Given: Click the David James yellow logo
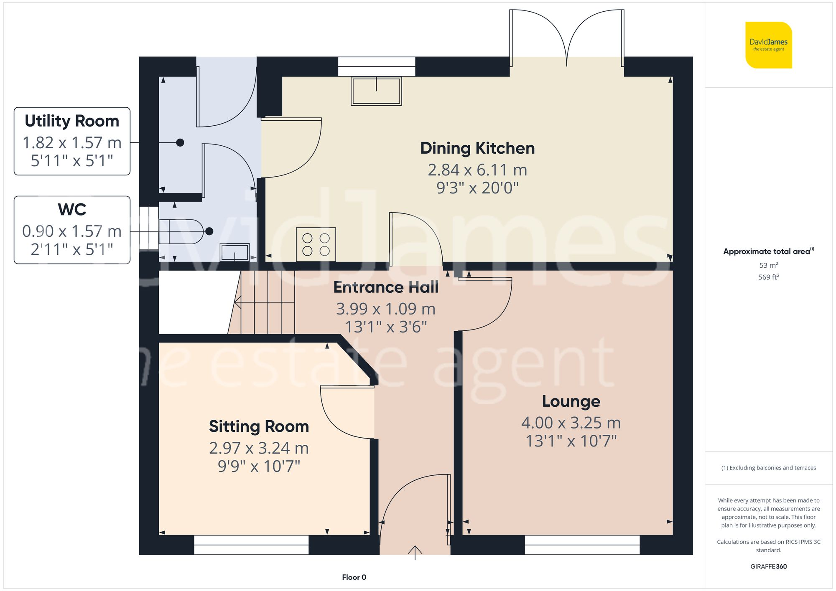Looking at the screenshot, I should (768, 45).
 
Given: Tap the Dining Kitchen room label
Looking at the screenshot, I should (477, 148).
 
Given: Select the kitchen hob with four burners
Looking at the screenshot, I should (316, 244).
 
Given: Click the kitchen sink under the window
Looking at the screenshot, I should (376, 91).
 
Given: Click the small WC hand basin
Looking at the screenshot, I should (234, 252).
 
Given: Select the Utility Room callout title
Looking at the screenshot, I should (72, 121).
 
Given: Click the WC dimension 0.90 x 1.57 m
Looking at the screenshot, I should (72, 231).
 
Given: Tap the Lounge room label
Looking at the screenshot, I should (571, 401).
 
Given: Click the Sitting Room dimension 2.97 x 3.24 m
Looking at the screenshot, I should (259, 448).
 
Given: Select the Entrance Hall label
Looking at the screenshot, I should (386, 287).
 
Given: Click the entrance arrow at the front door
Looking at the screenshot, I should (415, 552).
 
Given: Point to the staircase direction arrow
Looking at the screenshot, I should (238, 302).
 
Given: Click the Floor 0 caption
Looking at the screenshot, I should (354, 577).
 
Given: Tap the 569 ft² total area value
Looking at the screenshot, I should (768, 277).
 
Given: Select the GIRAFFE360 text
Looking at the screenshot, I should (768, 567).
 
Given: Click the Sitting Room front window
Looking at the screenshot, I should (251, 545).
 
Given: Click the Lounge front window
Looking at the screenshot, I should (582, 545).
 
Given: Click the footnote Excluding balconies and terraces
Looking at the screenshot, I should (768, 468).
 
